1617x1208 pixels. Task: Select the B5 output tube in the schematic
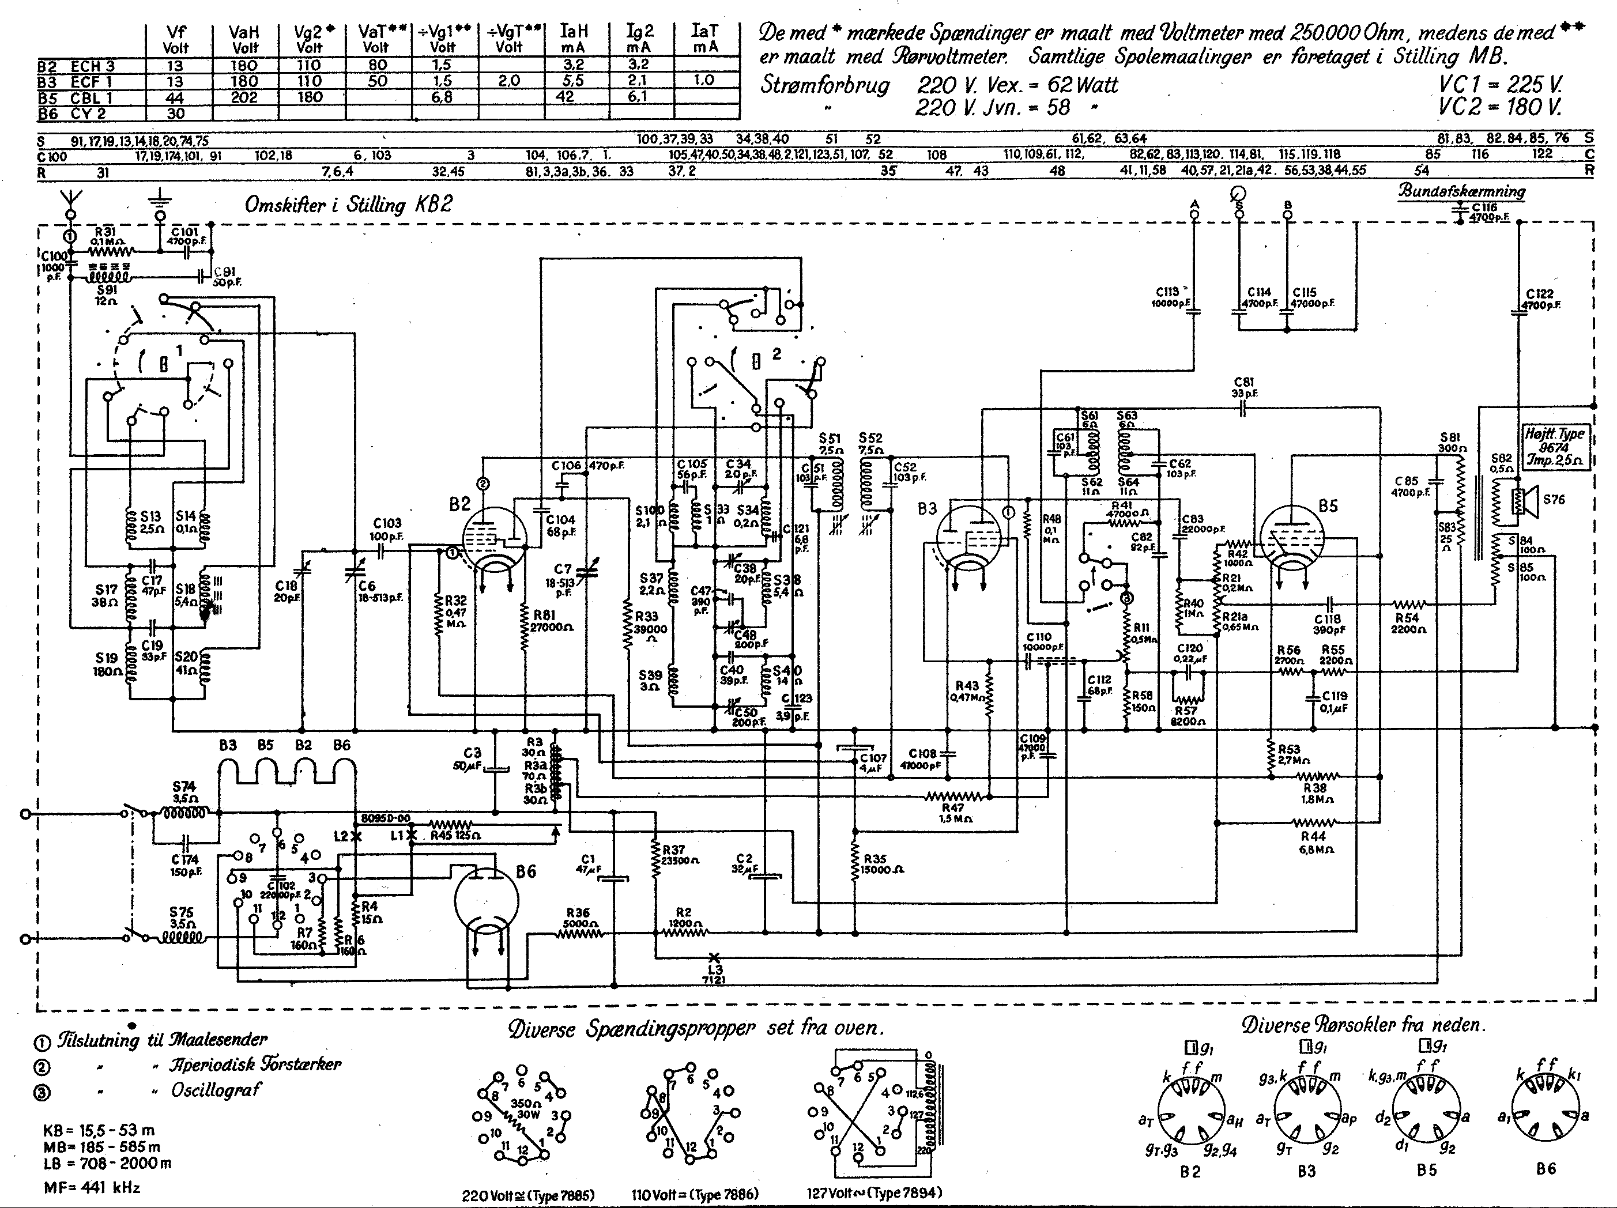[x=1292, y=539]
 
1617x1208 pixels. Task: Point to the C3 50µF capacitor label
[x=472, y=758]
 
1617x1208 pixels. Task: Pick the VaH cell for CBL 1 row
[x=244, y=97]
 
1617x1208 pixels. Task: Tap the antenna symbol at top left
[x=70, y=199]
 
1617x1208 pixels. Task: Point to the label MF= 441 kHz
[x=92, y=1187]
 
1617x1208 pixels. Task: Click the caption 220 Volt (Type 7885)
[x=528, y=1195]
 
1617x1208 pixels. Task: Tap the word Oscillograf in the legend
[x=216, y=1090]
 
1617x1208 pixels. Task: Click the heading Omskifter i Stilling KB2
[x=348, y=204]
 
